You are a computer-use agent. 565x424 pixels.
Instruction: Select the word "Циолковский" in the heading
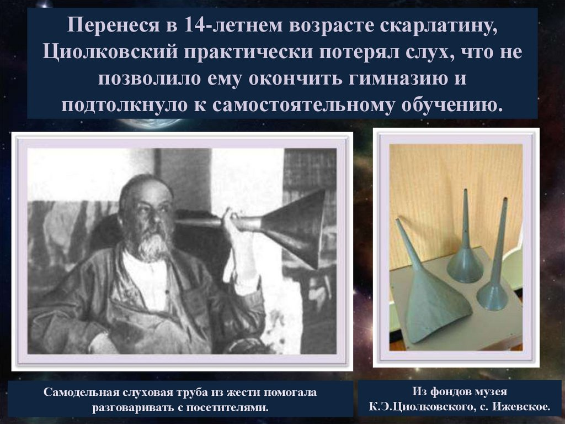pos(110,52)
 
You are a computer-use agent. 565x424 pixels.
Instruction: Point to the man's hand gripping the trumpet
pos(231,221)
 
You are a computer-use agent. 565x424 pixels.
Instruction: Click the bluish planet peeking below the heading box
pos(151,123)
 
